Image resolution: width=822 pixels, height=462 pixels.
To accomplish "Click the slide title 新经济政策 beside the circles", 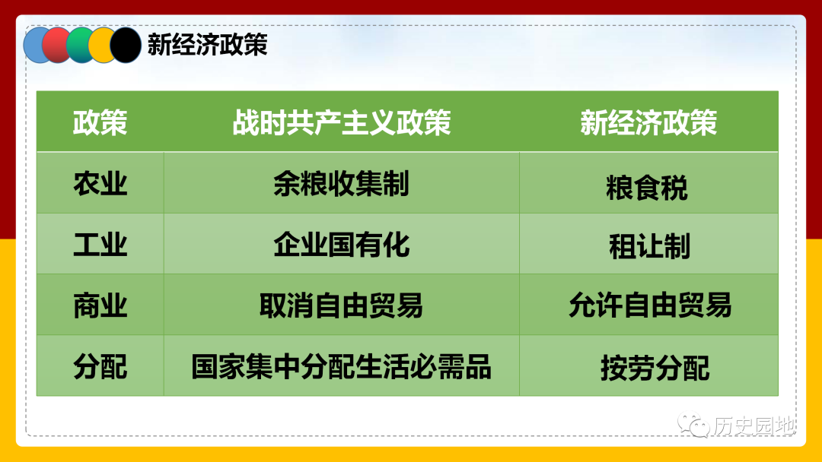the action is [208, 45].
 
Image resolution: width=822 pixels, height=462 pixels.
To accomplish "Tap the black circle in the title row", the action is [126, 45].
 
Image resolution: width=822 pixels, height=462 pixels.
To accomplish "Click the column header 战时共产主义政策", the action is [342, 123].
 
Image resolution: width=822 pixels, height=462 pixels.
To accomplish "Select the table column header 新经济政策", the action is [648, 123].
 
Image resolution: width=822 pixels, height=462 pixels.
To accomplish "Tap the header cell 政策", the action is [100, 123].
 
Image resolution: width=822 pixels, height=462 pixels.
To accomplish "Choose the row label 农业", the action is [100, 184].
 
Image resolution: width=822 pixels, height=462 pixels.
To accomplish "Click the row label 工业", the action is [100, 245].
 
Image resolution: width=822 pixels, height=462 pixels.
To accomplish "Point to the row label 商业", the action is [100, 306].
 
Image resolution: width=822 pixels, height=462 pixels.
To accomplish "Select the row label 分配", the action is [100, 367].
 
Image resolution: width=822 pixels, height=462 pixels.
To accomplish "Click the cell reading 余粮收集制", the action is [341, 184].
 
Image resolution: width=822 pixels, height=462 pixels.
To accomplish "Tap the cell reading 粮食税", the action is [647, 188].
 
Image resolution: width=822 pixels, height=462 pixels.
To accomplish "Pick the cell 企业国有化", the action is [341, 245].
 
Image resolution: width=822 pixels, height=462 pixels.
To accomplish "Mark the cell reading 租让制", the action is [649, 246].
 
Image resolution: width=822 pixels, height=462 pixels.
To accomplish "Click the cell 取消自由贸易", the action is [341, 306].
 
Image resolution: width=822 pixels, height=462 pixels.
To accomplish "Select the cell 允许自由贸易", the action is [650, 305].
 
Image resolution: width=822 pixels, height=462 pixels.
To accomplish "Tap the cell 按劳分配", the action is [655, 369].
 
